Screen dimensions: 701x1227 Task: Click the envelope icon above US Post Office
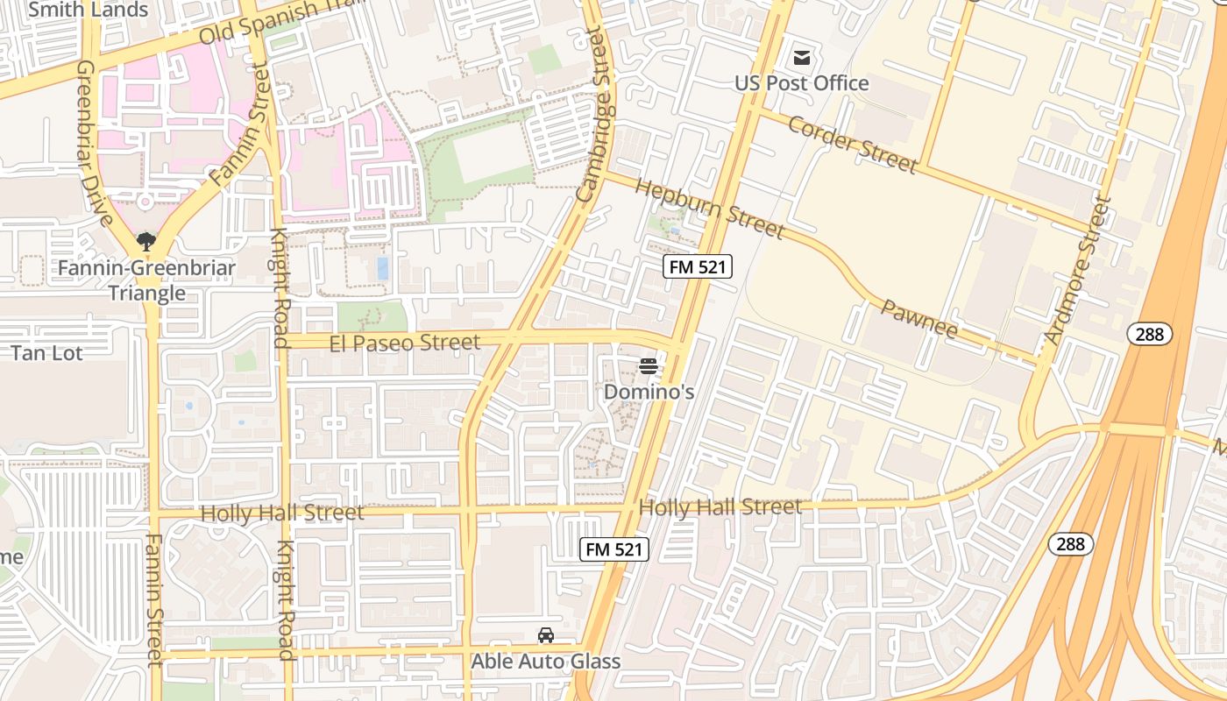click(801, 58)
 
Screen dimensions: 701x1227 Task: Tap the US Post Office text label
click(801, 83)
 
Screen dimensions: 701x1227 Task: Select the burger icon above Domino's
click(649, 366)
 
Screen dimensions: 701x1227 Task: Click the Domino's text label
click(649, 392)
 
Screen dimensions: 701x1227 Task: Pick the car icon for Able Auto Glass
click(545, 635)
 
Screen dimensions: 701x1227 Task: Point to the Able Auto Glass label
click(545, 662)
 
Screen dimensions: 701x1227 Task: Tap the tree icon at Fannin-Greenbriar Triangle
click(145, 241)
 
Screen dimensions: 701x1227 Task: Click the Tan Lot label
click(46, 353)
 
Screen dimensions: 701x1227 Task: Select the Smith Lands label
click(89, 11)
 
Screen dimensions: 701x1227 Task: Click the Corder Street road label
click(852, 143)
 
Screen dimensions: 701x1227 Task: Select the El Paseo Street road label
click(405, 343)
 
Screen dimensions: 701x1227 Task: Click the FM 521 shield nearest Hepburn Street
click(697, 267)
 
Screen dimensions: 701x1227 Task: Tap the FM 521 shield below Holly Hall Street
click(615, 549)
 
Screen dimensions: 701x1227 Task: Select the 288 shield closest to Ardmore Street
click(1149, 333)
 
